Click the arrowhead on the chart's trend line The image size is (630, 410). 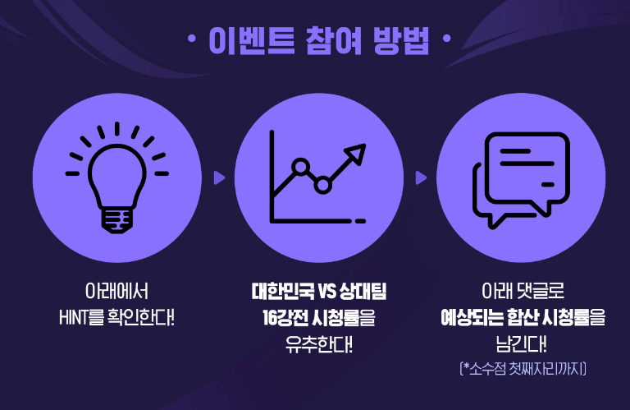click(x=356, y=153)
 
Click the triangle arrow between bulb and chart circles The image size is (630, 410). click(x=219, y=177)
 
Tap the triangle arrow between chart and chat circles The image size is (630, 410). click(x=421, y=177)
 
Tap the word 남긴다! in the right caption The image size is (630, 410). click(x=521, y=342)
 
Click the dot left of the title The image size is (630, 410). click(x=191, y=39)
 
